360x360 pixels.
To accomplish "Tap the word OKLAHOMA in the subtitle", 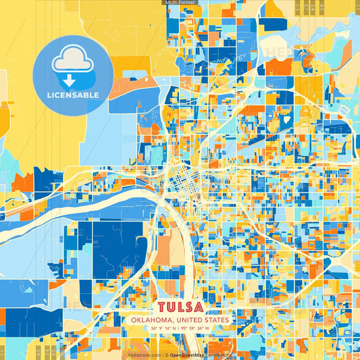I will [153, 320].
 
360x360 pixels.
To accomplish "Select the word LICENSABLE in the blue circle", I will [73, 95].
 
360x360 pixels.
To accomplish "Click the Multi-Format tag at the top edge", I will [180, 3].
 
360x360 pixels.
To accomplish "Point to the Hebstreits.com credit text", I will [144, 354].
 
